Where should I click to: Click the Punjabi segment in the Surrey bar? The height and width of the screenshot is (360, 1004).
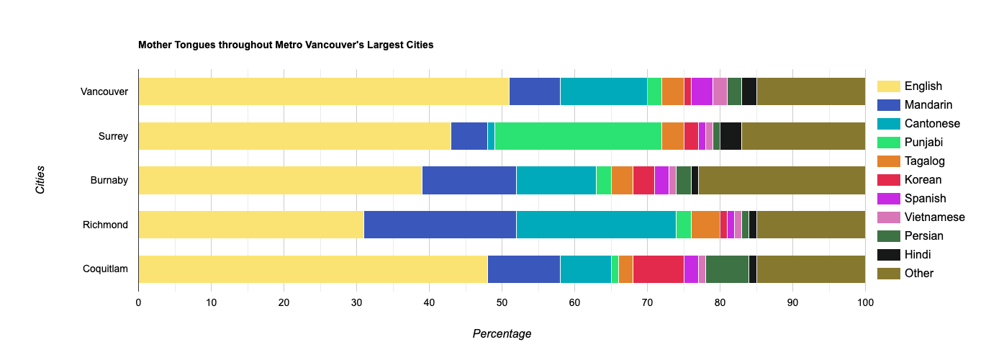(578, 136)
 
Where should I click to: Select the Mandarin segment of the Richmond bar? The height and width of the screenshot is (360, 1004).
(440, 225)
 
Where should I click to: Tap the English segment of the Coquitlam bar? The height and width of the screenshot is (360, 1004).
(312, 269)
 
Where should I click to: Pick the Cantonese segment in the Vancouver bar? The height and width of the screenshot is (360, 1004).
(603, 91)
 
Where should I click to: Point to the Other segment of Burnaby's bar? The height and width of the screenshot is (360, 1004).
(782, 180)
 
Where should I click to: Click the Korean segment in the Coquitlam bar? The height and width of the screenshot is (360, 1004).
(658, 269)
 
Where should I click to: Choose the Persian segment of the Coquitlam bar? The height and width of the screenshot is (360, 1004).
(727, 269)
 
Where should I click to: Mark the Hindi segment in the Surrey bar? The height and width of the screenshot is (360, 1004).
(731, 136)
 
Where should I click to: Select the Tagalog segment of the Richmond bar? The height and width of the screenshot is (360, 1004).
(705, 225)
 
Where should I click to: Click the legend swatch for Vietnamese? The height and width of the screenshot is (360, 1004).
(889, 217)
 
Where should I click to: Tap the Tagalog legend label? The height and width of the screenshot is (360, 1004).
(925, 161)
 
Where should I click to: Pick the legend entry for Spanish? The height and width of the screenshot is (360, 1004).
(925, 199)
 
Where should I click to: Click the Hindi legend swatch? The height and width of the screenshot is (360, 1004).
(889, 255)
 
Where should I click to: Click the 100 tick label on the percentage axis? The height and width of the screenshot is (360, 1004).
(865, 303)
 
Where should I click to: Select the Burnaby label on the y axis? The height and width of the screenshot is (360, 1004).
(109, 180)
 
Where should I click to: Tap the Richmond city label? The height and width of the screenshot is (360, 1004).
(105, 225)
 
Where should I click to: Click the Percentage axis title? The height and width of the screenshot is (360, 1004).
(502, 334)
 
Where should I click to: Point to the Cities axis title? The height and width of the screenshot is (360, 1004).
(40, 180)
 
